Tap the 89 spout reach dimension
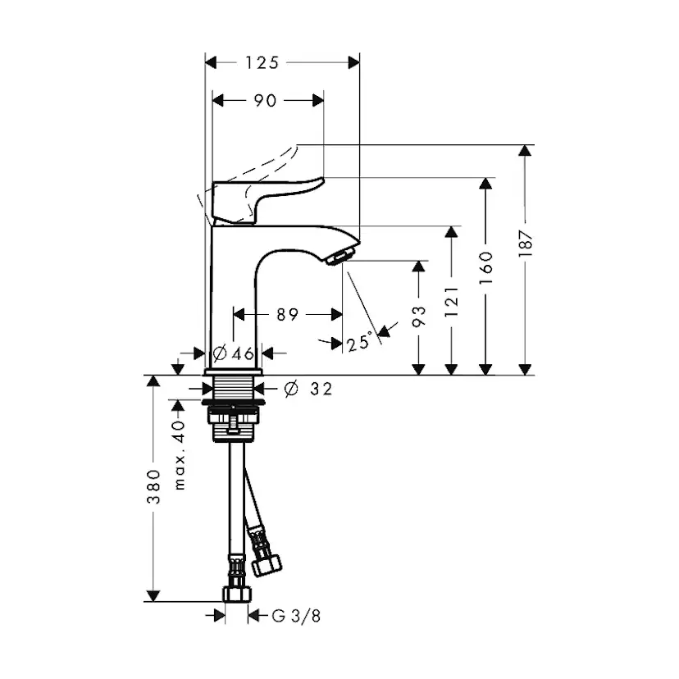point(287,314)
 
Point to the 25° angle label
point(358,343)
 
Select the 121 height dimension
point(451,302)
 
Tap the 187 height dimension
point(526,244)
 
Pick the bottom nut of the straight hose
point(236,593)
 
